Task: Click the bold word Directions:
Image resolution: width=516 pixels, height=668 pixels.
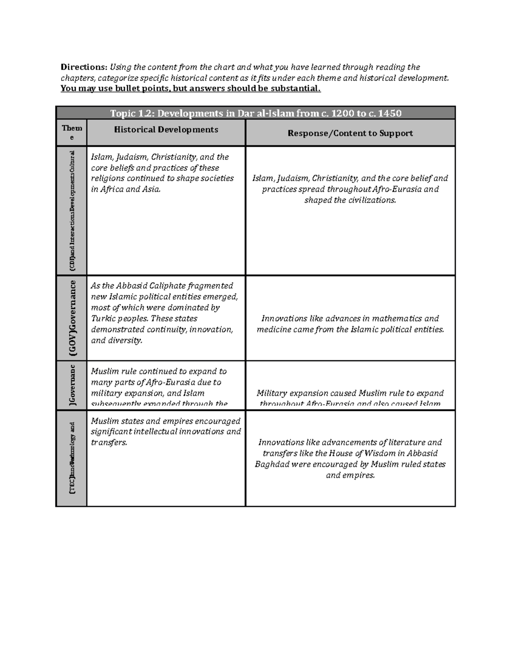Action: point(83,67)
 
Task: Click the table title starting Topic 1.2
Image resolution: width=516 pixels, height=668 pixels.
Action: point(255,113)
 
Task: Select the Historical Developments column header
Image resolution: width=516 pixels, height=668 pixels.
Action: point(166,129)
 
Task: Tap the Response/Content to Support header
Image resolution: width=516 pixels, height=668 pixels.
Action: point(350,133)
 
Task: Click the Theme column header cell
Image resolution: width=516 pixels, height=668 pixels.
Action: point(72,132)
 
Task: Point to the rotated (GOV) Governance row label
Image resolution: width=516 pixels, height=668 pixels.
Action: point(73,318)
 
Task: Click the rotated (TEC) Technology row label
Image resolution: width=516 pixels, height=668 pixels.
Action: point(72,458)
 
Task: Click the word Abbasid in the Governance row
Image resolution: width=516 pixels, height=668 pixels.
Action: point(132,286)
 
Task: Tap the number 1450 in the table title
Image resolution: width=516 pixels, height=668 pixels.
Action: point(389,113)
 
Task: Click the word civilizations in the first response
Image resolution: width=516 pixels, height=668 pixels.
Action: point(371,200)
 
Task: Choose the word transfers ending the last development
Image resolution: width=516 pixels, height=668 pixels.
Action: point(109,443)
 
